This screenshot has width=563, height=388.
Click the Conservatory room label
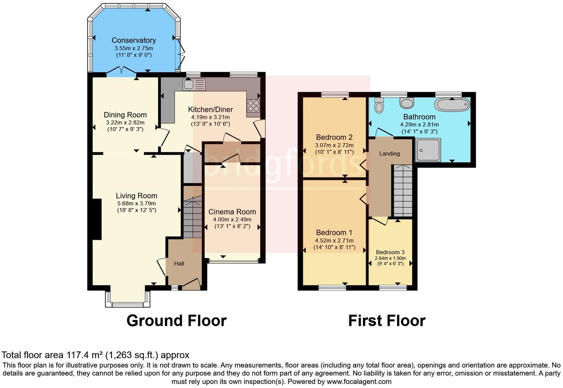click(x=134, y=40)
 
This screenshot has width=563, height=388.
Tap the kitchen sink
click(x=194, y=84)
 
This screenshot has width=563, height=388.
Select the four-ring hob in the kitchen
click(x=253, y=106)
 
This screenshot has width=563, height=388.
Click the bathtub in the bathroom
click(x=452, y=104)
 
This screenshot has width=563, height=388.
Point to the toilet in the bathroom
click(x=379, y=106)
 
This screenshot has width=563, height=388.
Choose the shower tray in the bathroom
click(x=428, y=150)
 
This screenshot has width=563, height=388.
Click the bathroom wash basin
click(x=407, y=103)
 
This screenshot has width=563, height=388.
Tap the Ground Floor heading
click(x=176, y=321)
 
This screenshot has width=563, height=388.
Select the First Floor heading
click(x=387, y=321)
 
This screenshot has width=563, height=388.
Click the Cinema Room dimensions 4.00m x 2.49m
click(x=232, y=219)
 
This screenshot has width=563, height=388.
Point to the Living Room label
click(x=136, y=196)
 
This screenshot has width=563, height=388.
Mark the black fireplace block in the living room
click(x=97, y=220)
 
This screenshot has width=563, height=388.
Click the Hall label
click(x=179, y=264)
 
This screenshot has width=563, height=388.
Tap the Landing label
click(x=389, y=154)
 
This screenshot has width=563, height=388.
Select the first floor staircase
click(x=403, y=191)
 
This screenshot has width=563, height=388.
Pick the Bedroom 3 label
click(x=390, y=252)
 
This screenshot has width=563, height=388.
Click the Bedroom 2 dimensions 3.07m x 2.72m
click(x=334, y=145)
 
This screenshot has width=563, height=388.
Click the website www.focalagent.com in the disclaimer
click(x=359, y=381)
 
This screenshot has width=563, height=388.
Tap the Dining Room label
click(x=125, y=115)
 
